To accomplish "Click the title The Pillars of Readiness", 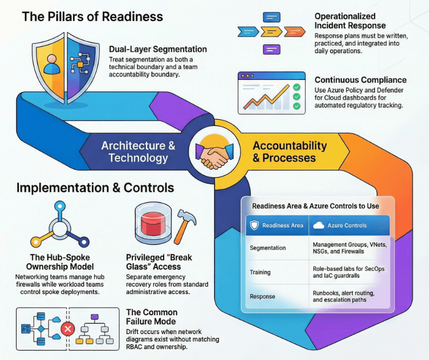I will (x=92, y=17).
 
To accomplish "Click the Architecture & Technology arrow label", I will (x=138, y=152).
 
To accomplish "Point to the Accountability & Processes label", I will (x=290, y=152).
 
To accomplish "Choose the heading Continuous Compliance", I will (x=360, y=80).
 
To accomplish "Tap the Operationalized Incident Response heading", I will (x=350, y=21).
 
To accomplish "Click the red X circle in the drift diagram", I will (x=68, y=328).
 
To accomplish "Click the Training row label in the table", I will (x=260, y=272).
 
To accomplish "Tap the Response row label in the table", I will (x=262, y=296).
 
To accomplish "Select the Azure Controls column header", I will (x=346, y=225).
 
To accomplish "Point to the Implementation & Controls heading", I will (x=95, y=188).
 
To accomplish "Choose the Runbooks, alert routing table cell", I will (x=343, y=296).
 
